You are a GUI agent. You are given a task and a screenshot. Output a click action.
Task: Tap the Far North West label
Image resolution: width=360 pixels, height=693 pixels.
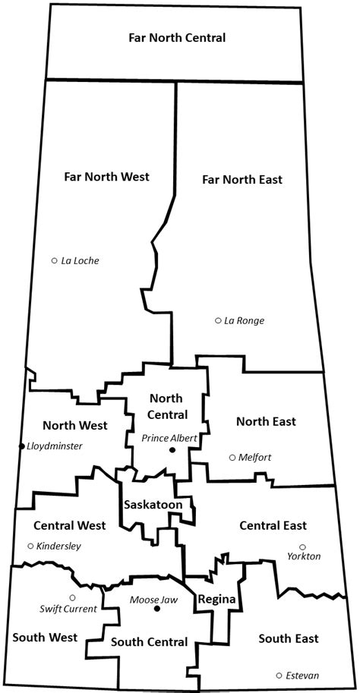(x=106, y=176)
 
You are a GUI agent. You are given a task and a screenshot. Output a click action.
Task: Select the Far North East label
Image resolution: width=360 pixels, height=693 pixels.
(x=242, y=180)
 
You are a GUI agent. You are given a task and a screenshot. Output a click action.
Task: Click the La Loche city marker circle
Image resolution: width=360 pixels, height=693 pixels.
(x=55, y=260)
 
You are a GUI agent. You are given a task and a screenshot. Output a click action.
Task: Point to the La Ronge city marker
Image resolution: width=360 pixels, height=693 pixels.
(x=218, y=320)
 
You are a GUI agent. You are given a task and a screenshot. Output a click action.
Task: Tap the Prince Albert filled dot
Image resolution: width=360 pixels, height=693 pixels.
(x=172, y=450)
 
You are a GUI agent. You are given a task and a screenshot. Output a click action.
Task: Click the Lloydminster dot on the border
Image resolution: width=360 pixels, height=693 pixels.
(x=22, y=446)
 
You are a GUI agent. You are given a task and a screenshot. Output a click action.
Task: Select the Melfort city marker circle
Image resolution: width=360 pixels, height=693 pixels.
(x=232, y=457)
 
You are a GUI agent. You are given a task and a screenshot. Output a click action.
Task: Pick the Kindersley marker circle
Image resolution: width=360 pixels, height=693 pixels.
(x=30, y=546)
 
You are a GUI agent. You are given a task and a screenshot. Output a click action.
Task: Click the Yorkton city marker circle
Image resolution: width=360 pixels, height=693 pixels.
(x=302, y=547)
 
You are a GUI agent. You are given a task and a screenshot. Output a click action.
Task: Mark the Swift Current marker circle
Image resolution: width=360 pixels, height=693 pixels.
(x=72, y=597)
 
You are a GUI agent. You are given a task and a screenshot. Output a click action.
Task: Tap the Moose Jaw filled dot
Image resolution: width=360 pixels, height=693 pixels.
(x=156, y=609)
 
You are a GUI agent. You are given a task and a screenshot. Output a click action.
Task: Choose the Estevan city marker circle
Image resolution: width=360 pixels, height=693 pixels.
(x=279, y=675)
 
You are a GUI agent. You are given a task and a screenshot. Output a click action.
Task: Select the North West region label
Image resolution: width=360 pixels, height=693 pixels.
(x=74, y=425)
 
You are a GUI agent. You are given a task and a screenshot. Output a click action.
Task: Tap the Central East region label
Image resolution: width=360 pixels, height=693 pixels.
(x=273, y=525)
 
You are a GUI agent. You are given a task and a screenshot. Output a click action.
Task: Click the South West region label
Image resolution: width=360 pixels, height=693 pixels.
(x=44, y=638)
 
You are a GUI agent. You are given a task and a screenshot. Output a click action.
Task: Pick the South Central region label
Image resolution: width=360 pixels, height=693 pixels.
(x=149, y=642)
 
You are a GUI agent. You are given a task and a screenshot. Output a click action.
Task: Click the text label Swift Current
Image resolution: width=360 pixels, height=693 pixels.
(x=68, y=609)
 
